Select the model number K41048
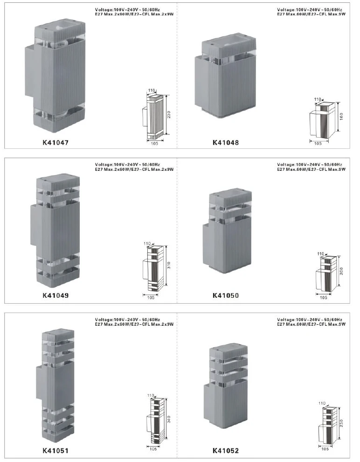pos(226,143)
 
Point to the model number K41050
pos(226,295)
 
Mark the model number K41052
pos(226,451)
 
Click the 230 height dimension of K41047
pos(169,115)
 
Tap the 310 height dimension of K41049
pos(169,266)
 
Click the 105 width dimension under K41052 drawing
pos(325,449)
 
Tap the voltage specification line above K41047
pos(127,9)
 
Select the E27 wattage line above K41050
pos(310,170)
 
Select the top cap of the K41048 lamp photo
pos(226,47)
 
